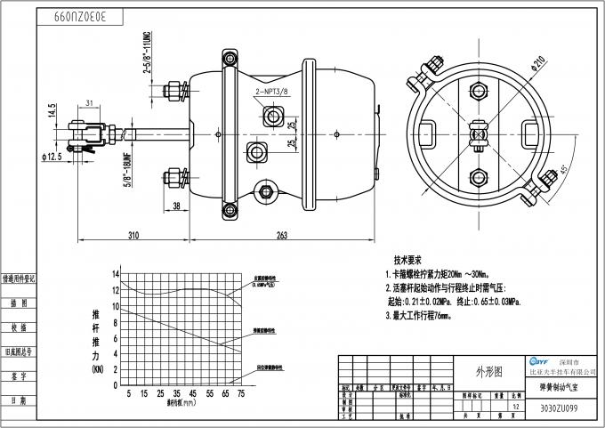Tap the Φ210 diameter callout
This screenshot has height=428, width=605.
[x=536, y=63]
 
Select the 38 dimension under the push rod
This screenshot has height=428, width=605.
[x=176, y=206]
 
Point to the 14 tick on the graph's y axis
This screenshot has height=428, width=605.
[x=116, y=275]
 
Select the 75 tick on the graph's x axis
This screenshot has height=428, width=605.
[x=240, y=392]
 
